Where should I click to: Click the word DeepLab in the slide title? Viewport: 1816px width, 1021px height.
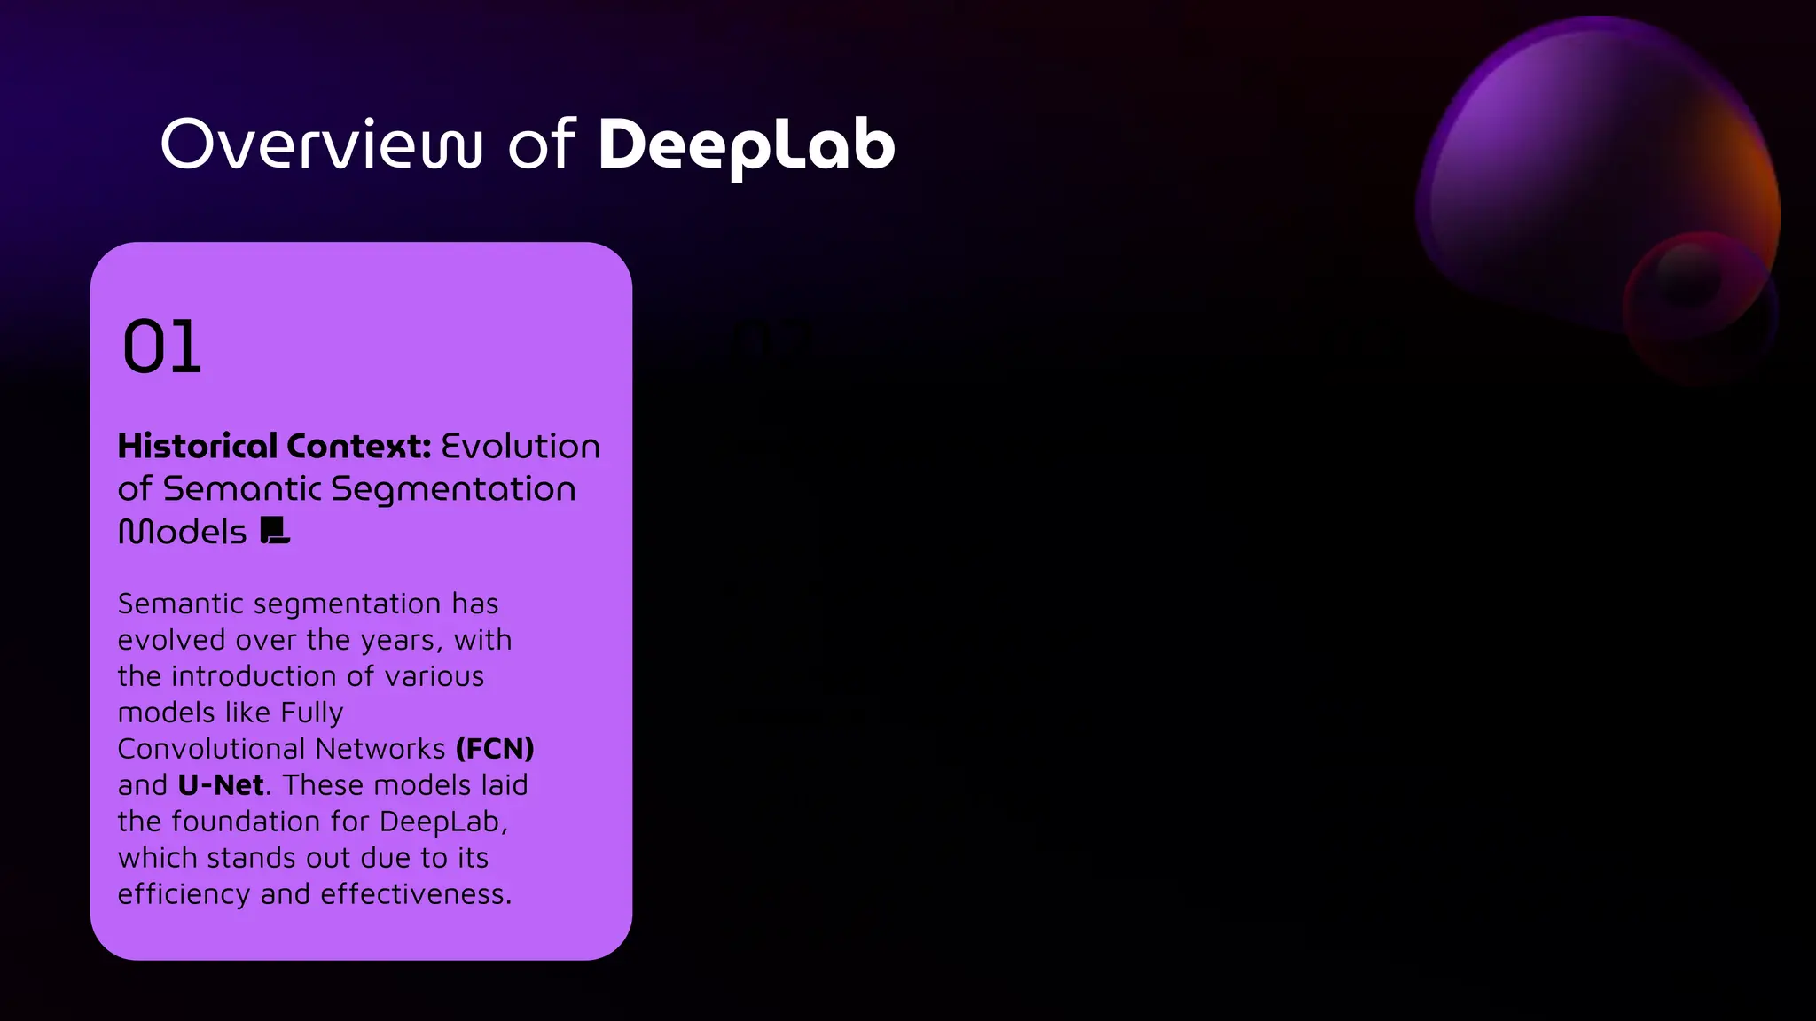coord(746,145)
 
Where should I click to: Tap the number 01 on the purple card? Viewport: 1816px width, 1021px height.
coord(162,347)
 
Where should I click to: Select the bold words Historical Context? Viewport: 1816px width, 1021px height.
coord(274,446)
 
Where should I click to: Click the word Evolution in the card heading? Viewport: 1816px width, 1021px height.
coord(521,446)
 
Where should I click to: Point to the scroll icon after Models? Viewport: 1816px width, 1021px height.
coord(275,531)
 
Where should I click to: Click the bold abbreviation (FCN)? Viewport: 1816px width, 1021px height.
coord(495,749)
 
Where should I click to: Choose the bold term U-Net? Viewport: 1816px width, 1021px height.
coord(221,785)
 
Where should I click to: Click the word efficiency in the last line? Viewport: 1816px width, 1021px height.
coord(184,894)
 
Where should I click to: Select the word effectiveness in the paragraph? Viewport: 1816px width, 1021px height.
coord(415,894)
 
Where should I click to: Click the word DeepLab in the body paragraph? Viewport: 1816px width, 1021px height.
coord(442,822)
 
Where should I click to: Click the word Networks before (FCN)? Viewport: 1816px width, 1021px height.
coord(380,749)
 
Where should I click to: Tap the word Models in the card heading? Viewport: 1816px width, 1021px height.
coord(183,532)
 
